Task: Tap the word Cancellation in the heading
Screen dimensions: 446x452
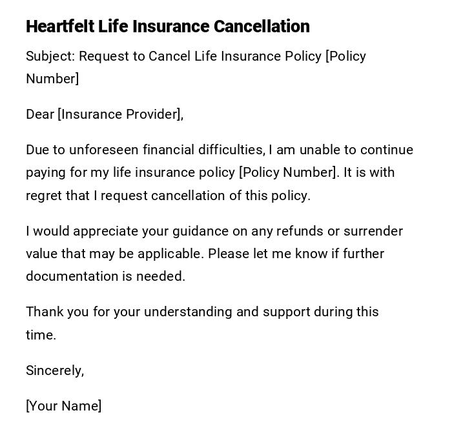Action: pos(262,26)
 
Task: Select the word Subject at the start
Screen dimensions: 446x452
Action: pos(50,56)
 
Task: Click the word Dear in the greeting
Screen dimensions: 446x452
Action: pos(39,114)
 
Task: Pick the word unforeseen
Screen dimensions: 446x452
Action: pos(104,150)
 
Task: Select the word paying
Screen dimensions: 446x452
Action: pos(45,173)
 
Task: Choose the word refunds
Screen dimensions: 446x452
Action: pos(294,231)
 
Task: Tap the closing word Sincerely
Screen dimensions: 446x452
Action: pos(54,370)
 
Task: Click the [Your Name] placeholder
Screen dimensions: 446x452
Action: pos(63,406)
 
